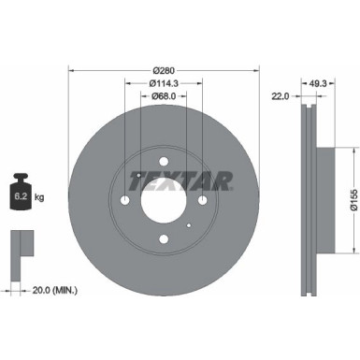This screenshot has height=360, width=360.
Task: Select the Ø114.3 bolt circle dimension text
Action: click(x=164, y=82)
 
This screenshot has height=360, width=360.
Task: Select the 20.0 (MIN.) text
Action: click(x=50, y=292)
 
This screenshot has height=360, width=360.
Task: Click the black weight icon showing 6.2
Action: click(x=20, y=194)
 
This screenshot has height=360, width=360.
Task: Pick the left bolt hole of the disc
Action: click(x=125, y=201)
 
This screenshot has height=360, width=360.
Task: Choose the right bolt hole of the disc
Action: click(x=202, y=201)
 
